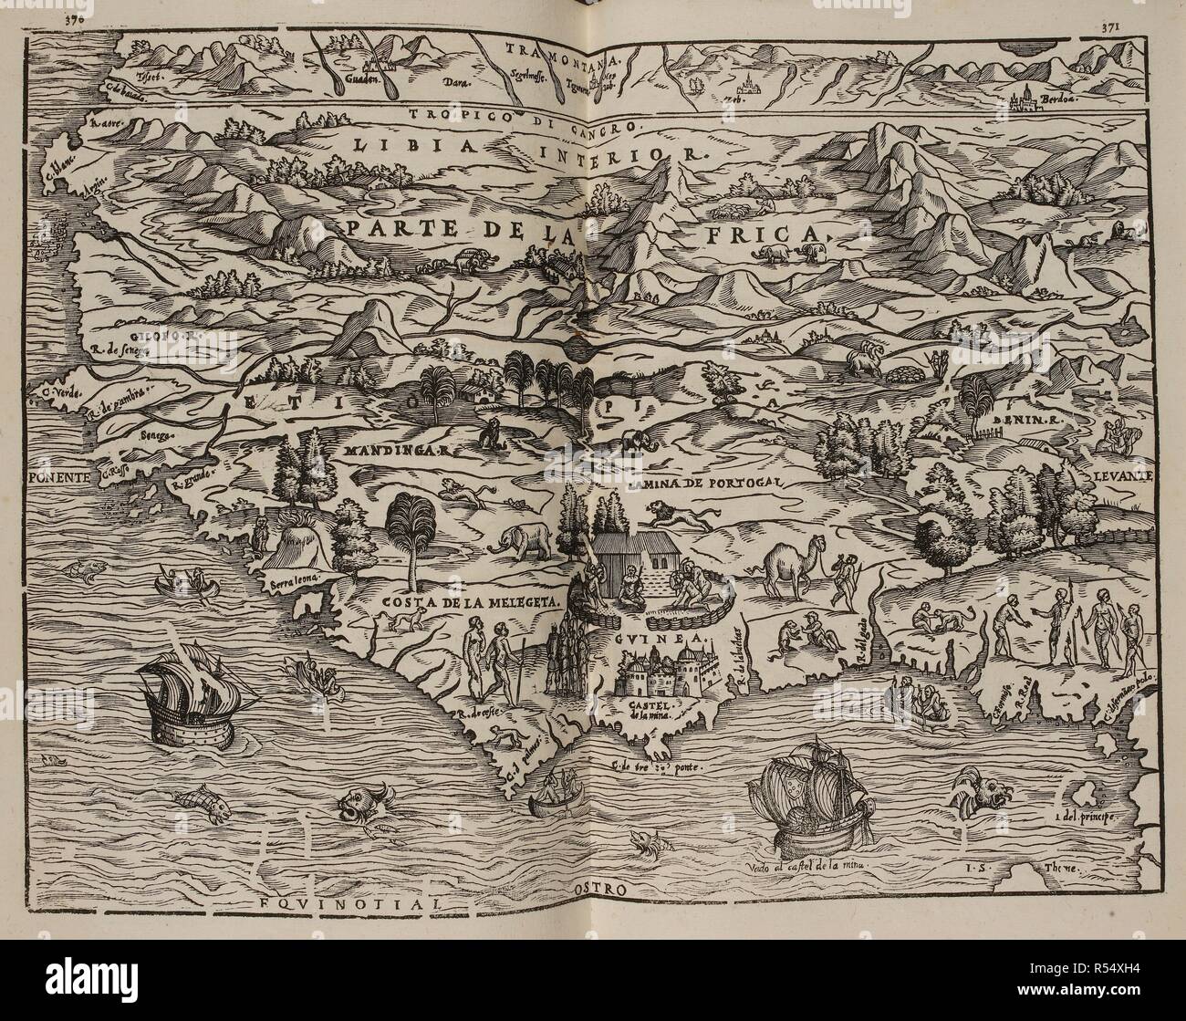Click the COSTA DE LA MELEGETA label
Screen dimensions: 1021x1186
[x=439, y=603]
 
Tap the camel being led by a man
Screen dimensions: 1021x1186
[x=786, y=568]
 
